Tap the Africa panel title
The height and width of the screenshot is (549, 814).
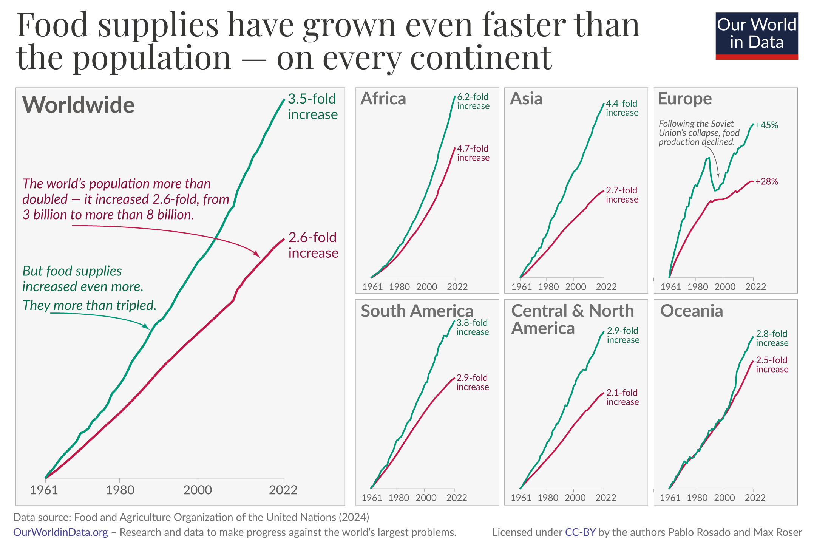pos(383,99)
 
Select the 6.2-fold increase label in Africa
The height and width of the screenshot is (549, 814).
pos(473,102)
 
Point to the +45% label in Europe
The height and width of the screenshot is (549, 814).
pos(766,125)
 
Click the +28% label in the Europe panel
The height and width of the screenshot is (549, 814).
pos(766,182)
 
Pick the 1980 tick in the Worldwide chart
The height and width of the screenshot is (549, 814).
pos(120,490)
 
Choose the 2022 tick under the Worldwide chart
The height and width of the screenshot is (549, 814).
pos(283,490)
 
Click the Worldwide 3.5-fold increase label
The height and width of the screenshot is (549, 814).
pos(312,107)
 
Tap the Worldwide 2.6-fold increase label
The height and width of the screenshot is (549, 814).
pos(313,245)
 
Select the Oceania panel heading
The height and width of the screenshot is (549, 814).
pos(691,311)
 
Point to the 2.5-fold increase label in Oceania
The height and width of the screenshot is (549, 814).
pos(772,365)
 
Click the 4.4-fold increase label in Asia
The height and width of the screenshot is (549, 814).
pos(622,108)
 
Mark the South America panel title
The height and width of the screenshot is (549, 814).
pos(417,311)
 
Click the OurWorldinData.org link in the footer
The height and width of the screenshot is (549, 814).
pos(60,532)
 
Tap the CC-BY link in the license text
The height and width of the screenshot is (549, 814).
pos(580,532)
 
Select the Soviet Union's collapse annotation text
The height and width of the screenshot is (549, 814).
pos(699,133)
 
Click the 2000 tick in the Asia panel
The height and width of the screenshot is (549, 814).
pos(575,287)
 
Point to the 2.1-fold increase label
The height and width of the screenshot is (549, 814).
pos(622,397)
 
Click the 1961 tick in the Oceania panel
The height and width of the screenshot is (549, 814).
pos(670,498)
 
